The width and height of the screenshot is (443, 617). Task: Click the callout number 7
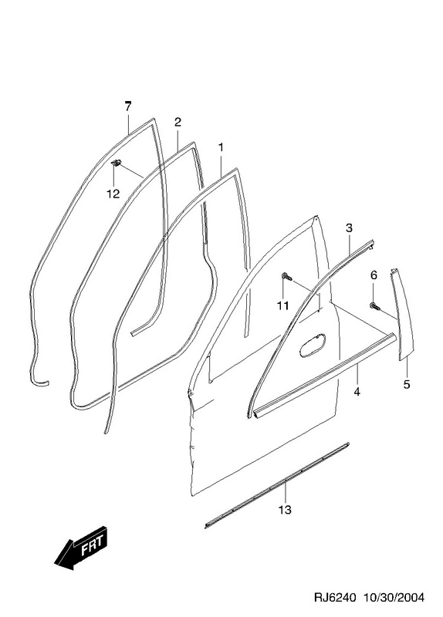pyautogui.click(x=127, y=106)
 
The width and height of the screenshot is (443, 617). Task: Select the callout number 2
pyautogui.click(x=178, y=122)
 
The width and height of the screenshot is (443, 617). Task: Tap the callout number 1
pyautogui.click(x=221, y=147)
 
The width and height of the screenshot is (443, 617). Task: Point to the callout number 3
pyautogui.click(x=349, y=228)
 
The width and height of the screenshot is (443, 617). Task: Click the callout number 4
pyautogui.click(x=357, y=392)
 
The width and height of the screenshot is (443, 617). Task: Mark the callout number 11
pyautogui.click(x=282, y=305)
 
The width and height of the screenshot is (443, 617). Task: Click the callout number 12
pyautogui.click(x=113, y=194)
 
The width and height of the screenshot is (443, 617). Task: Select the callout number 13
pyautogui.click(x=285, y=510)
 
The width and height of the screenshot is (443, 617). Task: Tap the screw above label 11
pyautogui.click(x=287, y=277)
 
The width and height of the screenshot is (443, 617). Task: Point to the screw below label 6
pyautogui.click(x=374, y=305)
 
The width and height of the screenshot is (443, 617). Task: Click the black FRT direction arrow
pyautogui.click(x=82, y=548)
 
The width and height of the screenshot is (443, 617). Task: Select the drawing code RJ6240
pyautogui.click(x=335, y=597)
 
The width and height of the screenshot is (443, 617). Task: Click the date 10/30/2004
pyautogui.click(x=394, y=597)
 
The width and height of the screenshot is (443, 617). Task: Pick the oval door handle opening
pyautogui.click(x=313, y=345)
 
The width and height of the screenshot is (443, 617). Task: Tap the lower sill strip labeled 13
pyautogui.click(x=277, y=485)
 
